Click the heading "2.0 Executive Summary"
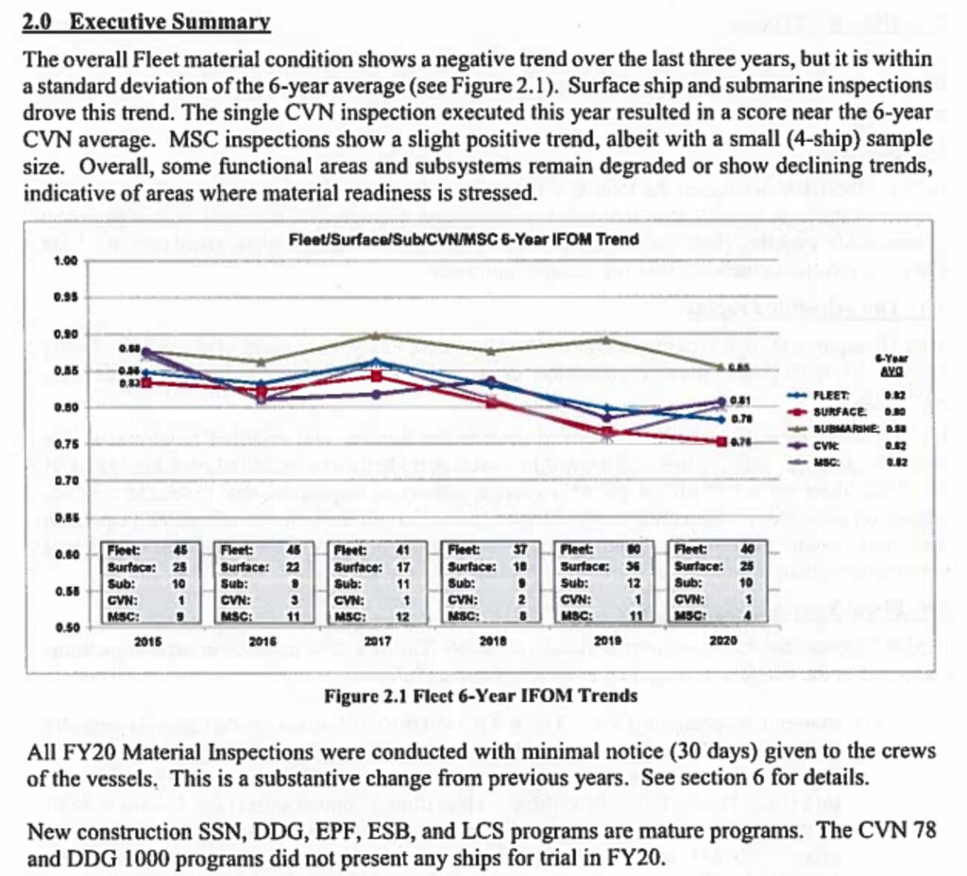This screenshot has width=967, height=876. pos(146,22)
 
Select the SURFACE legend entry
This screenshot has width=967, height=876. pos(834,411)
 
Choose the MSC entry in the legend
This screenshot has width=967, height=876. pos(826,462)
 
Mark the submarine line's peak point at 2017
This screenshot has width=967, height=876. pos(376,335)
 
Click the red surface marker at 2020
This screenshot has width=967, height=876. pos(722,441)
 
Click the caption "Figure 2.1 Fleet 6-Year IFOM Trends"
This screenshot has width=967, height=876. pos(481,696)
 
